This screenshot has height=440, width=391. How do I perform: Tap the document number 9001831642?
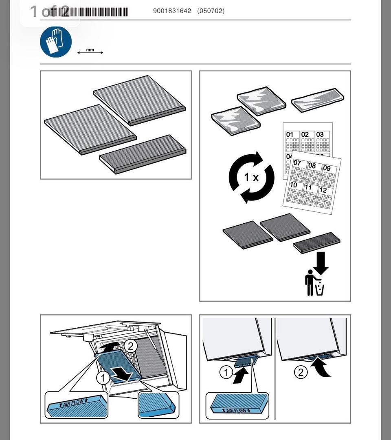point(172,11)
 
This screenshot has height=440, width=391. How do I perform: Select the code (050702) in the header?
point(211,11)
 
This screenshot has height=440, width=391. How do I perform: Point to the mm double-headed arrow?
point(90,52)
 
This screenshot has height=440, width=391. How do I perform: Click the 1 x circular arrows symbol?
point(251,177)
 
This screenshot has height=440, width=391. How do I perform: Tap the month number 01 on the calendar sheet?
point(290,134)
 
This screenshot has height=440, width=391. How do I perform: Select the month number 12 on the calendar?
point(323,190)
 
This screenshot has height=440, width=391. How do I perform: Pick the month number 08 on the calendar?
point(312,165)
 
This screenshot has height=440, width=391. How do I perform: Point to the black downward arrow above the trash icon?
point(321,262)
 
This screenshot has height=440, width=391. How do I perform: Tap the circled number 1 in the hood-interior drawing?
point(103,378)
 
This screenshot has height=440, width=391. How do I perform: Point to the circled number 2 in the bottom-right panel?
point(301,372)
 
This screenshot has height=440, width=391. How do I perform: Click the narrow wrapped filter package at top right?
point(318,100)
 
